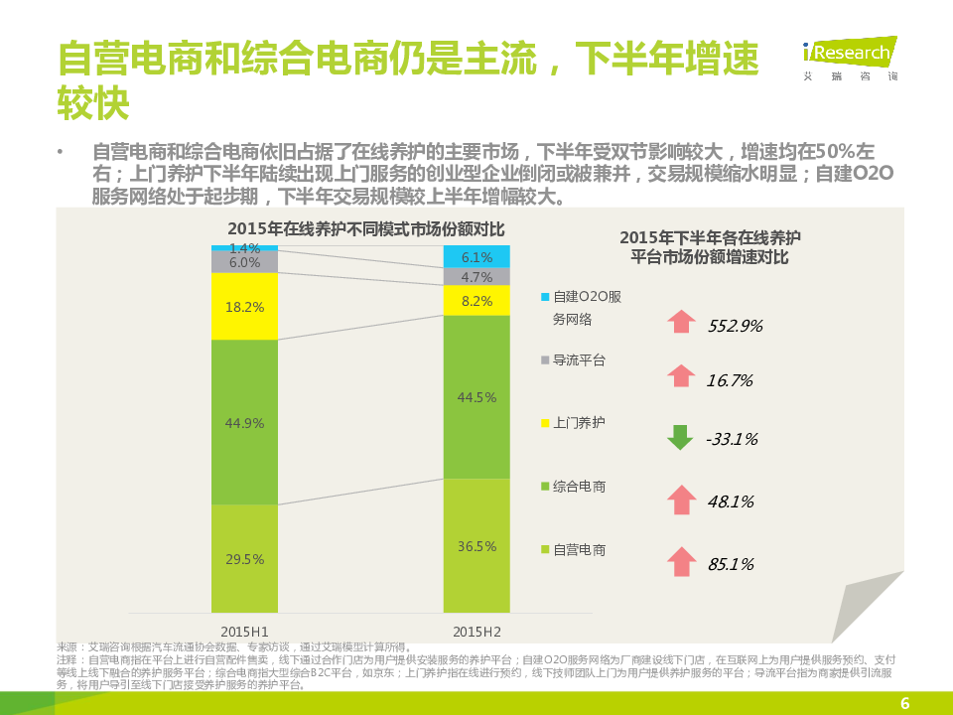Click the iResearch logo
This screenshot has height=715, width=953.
[849, 56]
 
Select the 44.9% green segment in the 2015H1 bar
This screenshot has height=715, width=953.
[244, 422]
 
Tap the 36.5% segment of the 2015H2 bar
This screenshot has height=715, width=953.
[476, 546]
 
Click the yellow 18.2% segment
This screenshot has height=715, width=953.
[244, 307]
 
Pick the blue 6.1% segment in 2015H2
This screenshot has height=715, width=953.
[476, 256]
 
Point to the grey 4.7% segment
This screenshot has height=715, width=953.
[476, 277]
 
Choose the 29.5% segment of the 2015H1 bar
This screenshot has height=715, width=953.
[244, 559]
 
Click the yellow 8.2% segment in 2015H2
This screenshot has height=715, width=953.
[476, 301]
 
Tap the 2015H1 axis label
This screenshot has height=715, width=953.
[244, 631]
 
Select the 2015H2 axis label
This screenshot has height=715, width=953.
[476, 631]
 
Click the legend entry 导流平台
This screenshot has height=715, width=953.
[579, 360]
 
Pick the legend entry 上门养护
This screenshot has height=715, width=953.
[579, 423]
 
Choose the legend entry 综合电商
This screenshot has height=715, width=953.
[579, 487]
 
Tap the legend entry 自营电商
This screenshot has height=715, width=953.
[579, 549]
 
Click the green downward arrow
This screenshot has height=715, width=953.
[680, 437]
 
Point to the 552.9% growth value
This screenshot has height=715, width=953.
[735, 326]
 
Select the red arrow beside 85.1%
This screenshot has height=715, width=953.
[680, 562]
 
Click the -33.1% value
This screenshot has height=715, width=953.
[733, 439]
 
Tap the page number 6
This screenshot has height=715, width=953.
[904, 704]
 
